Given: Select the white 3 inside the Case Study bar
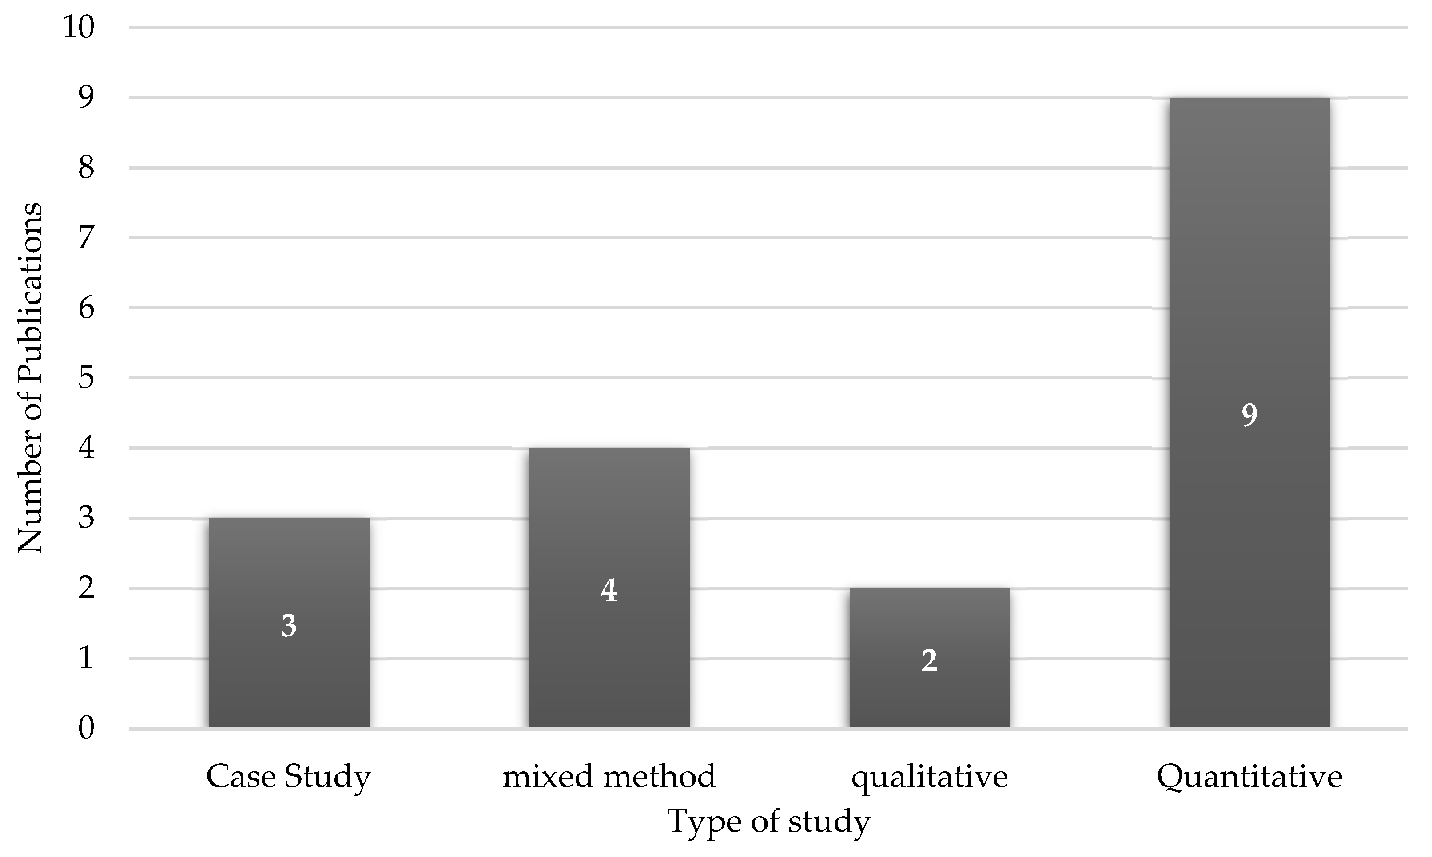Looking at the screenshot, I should click(289, 625).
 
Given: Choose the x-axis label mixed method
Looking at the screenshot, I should click(609, 776).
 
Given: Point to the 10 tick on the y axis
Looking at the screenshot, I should click(78, 27).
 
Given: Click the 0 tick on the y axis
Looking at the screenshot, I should click(86, 728).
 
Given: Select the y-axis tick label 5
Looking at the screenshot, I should click(86, 378).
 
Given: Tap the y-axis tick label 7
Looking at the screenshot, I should click(86, 238).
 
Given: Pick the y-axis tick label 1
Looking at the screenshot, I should click(86, 658).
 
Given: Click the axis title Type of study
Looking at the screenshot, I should click(768, 821).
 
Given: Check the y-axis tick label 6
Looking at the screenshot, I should click(86, 308).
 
